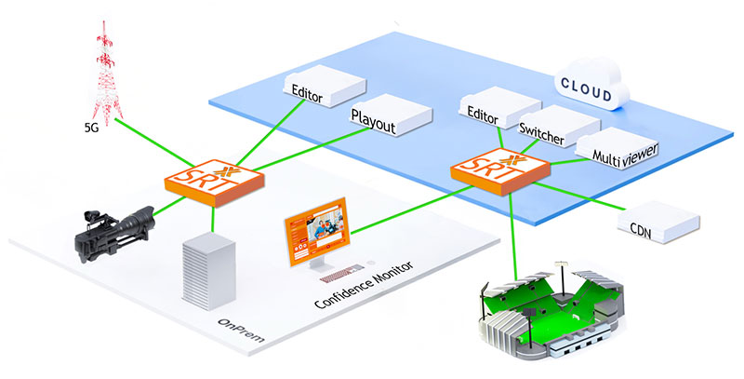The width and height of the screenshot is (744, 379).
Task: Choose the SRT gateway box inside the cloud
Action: click(499, 171)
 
